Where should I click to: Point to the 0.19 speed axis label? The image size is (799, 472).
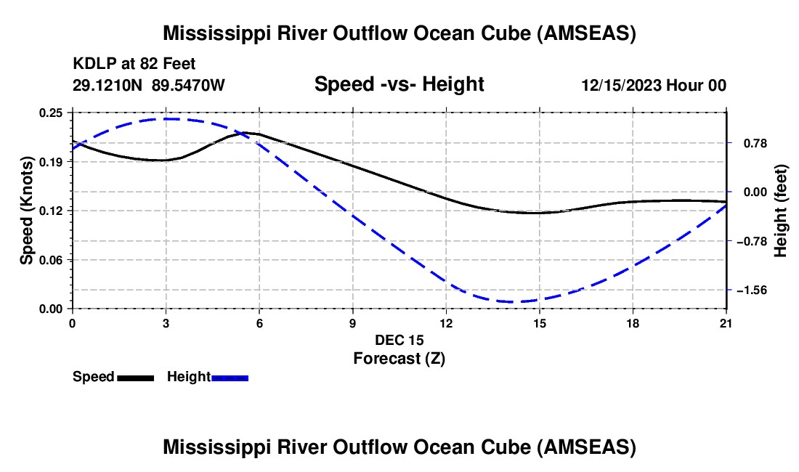pyautogui.click(x=50, y=162)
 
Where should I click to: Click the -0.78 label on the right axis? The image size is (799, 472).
pyautogui.click(x=752, y=241)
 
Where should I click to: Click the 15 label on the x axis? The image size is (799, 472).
pyautogui.click(x=540, y=323)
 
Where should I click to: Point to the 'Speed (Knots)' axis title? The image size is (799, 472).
pyautogui.click(x=26, y=211)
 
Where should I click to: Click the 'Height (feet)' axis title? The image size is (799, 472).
pyautogui.click(x=780, y=211)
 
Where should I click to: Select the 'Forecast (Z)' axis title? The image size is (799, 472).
pyautogui.click(x=399, y=359)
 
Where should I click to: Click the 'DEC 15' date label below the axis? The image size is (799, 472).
pyautogui.click(x=399, y=340)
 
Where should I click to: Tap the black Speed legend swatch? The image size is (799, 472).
pyautogui.click(x=136, y=378)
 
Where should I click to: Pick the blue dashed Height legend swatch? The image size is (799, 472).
pyautogui.click(x=230, y=378)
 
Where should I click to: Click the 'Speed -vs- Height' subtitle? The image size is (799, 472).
pyautogui.click(x=399, y=84)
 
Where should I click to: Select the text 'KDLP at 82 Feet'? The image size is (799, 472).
pyautogui.click(x=134, y=64)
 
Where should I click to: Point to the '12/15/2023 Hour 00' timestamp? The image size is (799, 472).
pyautogui.click(x=654, y=86)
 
